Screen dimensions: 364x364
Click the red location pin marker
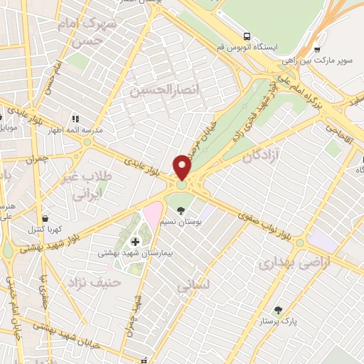pyautogui.click(x=183, y=166)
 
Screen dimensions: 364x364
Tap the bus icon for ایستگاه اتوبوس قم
pyautogui.click(x=247, y=36)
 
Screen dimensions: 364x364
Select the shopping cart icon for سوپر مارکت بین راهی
pyautogui.click(x=316, y=50)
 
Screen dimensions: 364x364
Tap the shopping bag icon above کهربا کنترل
pyautogui.click(x=45, y=218)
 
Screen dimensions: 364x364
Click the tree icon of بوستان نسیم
pyautogui.click(x=181, y=210)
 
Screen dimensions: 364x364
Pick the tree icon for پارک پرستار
pyautogui.click(x=278, y=309)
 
